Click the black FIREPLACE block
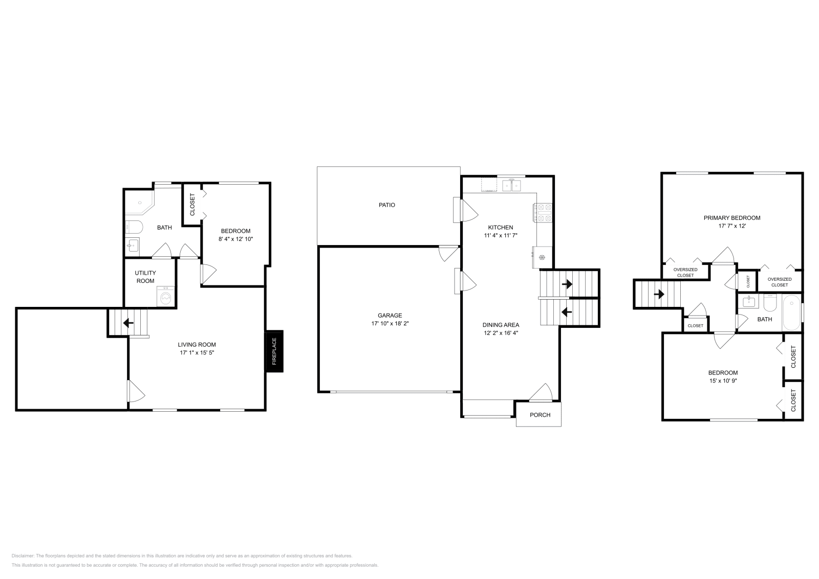(x=274, y=351)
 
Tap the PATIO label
(x=387, y=205)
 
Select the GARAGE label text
(x=390, y=315)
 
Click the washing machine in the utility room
(x=166, y=296)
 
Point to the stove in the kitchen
(x=543, y=213)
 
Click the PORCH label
(x=540, y=415)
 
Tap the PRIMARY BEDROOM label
(x=732, y=218)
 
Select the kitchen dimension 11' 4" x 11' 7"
(x=501, y=236)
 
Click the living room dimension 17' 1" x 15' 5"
(x=197, y=352)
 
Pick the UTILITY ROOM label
(x=145, y=277)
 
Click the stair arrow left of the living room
(x=128, y=323)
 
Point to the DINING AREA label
(x=501, y=325)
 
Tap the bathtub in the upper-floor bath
(x=791, y=313)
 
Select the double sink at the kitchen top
(x=511, y=186)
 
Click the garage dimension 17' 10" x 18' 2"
(x=390, y=323)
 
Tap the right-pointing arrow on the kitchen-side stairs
(x=567, y=284)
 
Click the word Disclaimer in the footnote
(x=23, y=555)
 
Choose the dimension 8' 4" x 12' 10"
(x=236, y=239)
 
